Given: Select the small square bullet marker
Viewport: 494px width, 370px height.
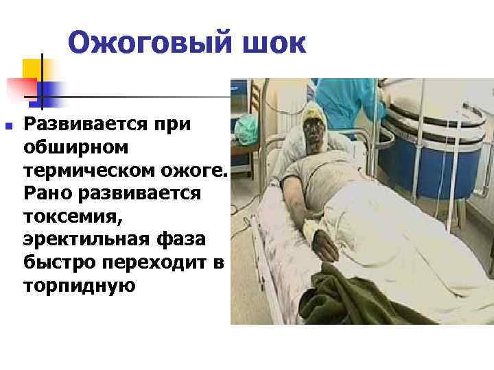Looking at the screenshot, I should (8, 126).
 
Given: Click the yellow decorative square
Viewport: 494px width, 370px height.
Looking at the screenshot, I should (34, 67).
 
